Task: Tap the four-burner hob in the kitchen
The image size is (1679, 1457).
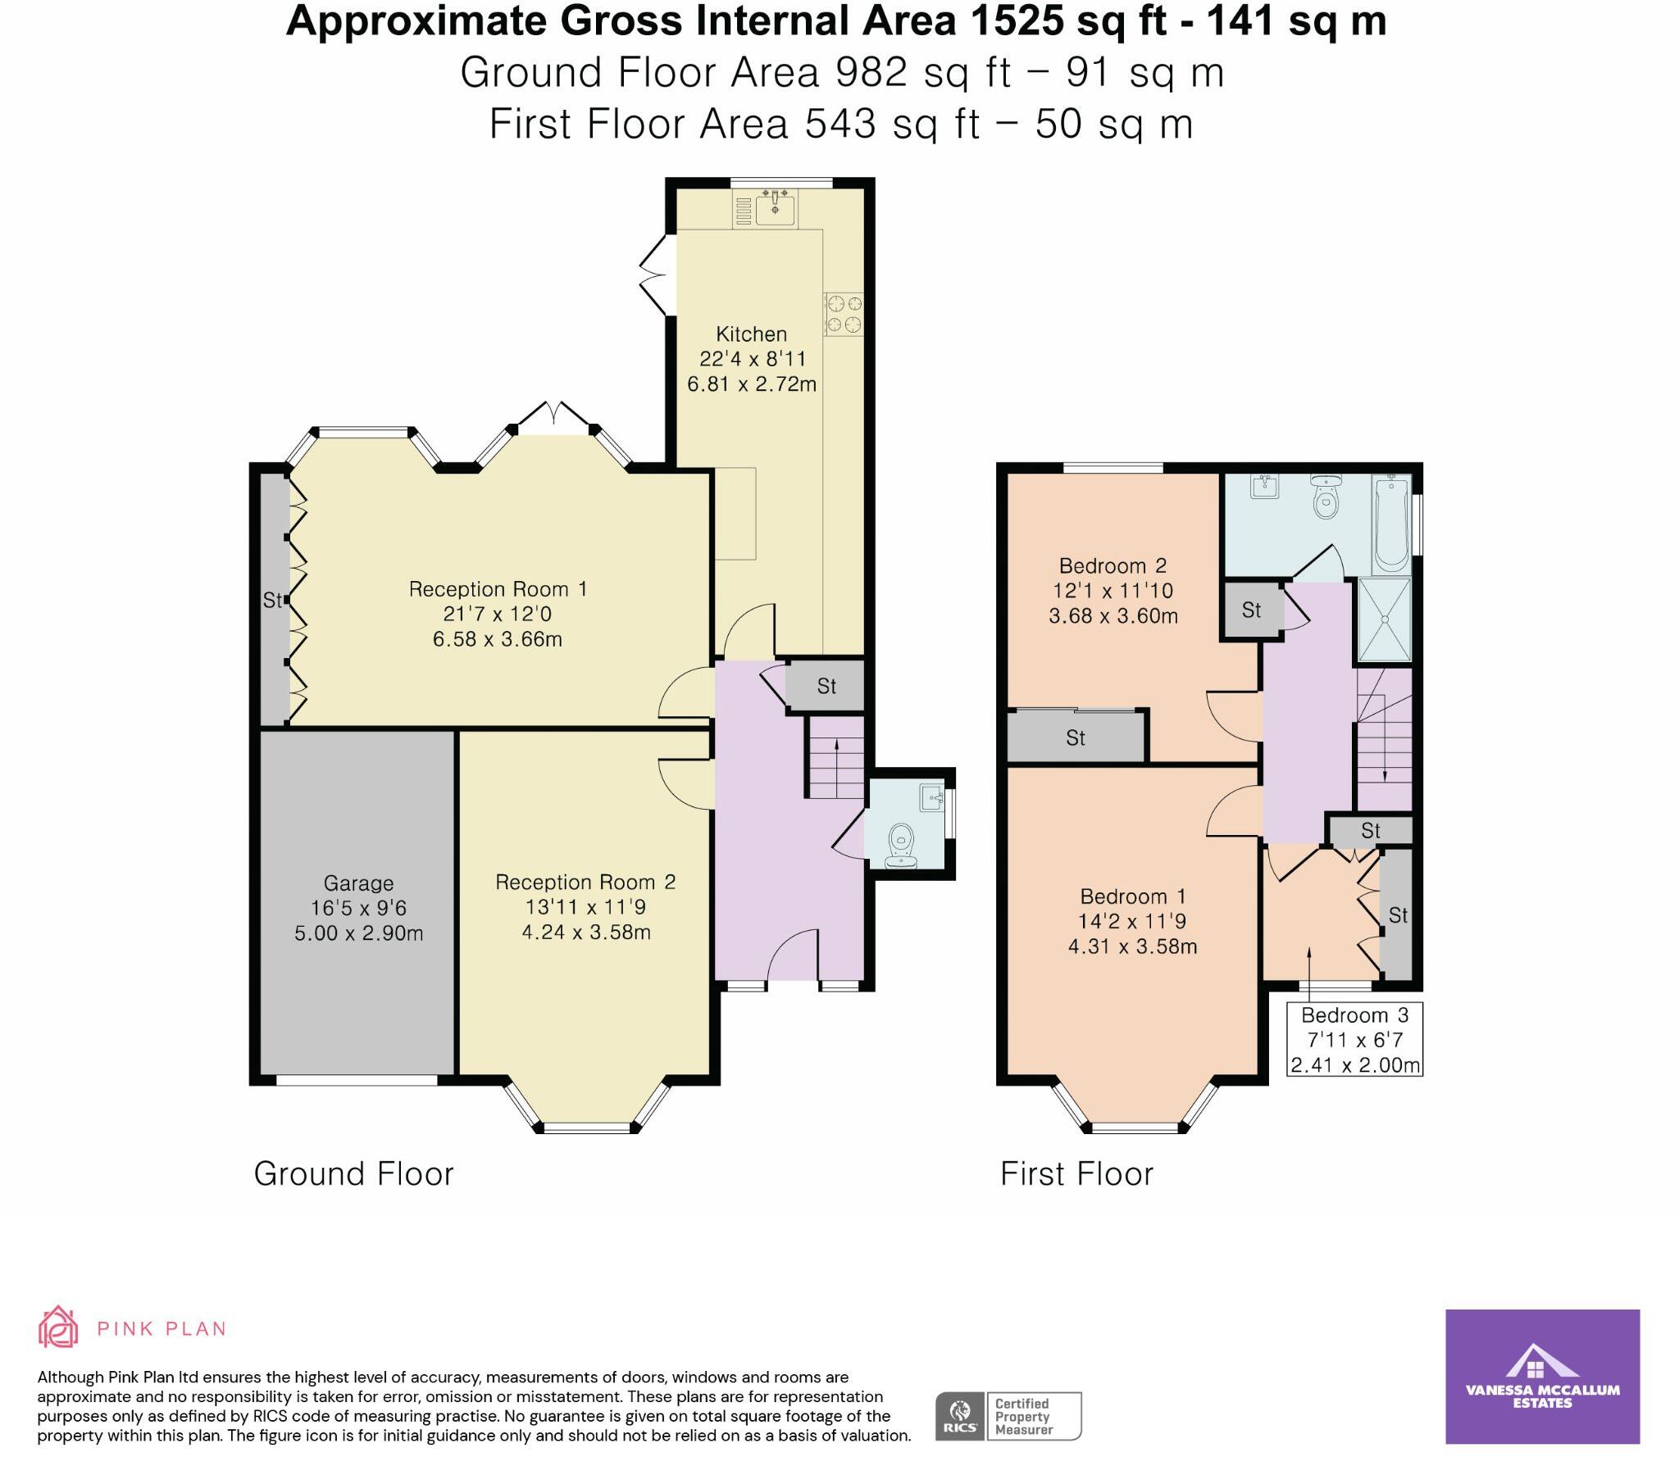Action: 844,314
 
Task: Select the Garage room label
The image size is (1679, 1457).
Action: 358,883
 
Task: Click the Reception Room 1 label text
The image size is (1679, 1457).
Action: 498,589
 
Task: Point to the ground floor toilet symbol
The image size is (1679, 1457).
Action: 900,844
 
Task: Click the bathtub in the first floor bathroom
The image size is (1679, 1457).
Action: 1390,524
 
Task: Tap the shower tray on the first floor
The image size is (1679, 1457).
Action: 1385,620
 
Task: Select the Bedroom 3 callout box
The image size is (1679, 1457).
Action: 1354,1039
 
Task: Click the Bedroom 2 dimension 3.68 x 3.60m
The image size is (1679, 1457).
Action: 1113,616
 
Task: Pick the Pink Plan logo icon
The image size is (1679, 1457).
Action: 58,1327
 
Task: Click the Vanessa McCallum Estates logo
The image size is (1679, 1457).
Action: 1542,1377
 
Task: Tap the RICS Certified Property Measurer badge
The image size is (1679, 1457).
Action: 1008,1416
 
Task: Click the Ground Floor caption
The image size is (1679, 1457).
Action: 353,1174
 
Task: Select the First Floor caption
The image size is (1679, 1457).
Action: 1076,1174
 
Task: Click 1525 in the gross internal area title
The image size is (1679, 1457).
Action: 1016,21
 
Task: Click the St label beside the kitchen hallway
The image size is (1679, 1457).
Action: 826,687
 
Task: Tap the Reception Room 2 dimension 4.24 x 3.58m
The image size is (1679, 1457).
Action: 586,933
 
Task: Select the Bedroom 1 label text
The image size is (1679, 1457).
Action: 1132,896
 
